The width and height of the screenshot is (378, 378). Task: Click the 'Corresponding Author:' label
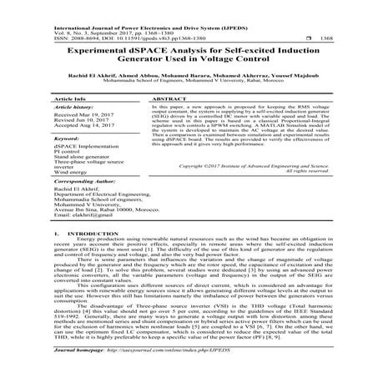tap(84, 179)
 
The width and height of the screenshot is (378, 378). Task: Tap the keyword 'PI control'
tap(69, 153)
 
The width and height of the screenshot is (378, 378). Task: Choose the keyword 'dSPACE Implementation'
tap(88, 147)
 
